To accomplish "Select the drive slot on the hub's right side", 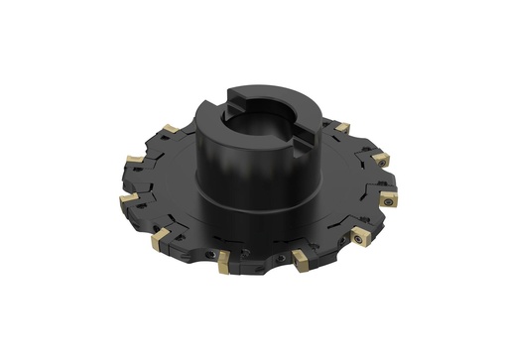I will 303,129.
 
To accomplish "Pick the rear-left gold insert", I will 171,128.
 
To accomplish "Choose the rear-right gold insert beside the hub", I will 342,128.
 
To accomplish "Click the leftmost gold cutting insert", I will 129,199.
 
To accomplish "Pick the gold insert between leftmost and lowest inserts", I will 159,239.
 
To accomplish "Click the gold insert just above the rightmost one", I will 381,159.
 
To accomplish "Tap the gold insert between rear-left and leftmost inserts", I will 132,162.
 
